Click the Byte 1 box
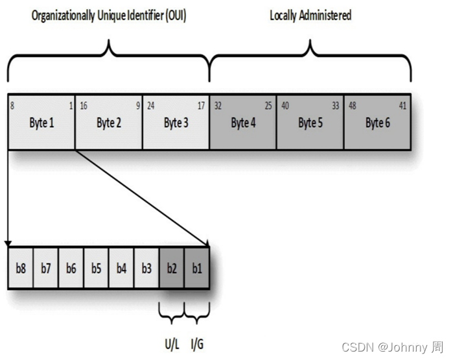tap(41, 123)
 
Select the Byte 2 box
tap(109, 123)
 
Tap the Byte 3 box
tap(176, 123)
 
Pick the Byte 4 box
tap(243, 123)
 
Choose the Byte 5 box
tap(310, 123)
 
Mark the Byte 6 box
tap(377, 123)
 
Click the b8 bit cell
tap(21, 268)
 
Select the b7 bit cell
tap(45, 268)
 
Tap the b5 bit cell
tap(96, 268)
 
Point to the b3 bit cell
tap(146, 268)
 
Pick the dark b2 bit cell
tap(172, 268)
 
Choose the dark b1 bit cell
tap(197, 268)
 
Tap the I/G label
tap(198, 343)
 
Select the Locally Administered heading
tap(310, 15)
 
